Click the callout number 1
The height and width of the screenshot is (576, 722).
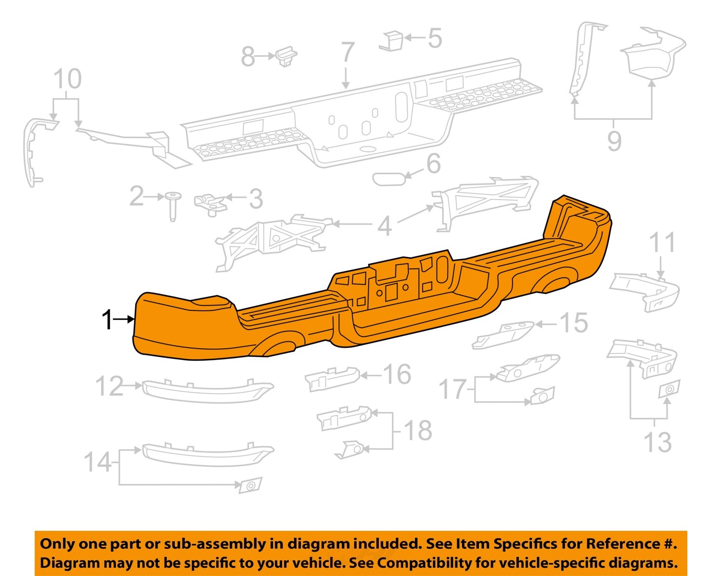tap(108, 320)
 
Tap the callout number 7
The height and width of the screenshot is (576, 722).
tap(348, 53)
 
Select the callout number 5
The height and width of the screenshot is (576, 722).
tap(435, 38)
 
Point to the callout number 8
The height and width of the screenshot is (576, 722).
tap(247, 57)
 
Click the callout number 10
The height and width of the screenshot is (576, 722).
tap(67, 79)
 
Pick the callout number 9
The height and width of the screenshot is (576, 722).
tap(614, 141)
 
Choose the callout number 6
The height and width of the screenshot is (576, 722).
tap(433, 164)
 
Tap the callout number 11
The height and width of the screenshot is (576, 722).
tap(662, 243)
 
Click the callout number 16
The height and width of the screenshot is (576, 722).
tap(397, 374)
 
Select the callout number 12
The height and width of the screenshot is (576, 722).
tap(109, 386)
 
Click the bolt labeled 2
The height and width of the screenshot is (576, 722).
tap(172, 205)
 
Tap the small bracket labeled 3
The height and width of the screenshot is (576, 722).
tap(211, 203)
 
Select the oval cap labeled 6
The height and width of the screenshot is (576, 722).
tap(389, 179)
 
